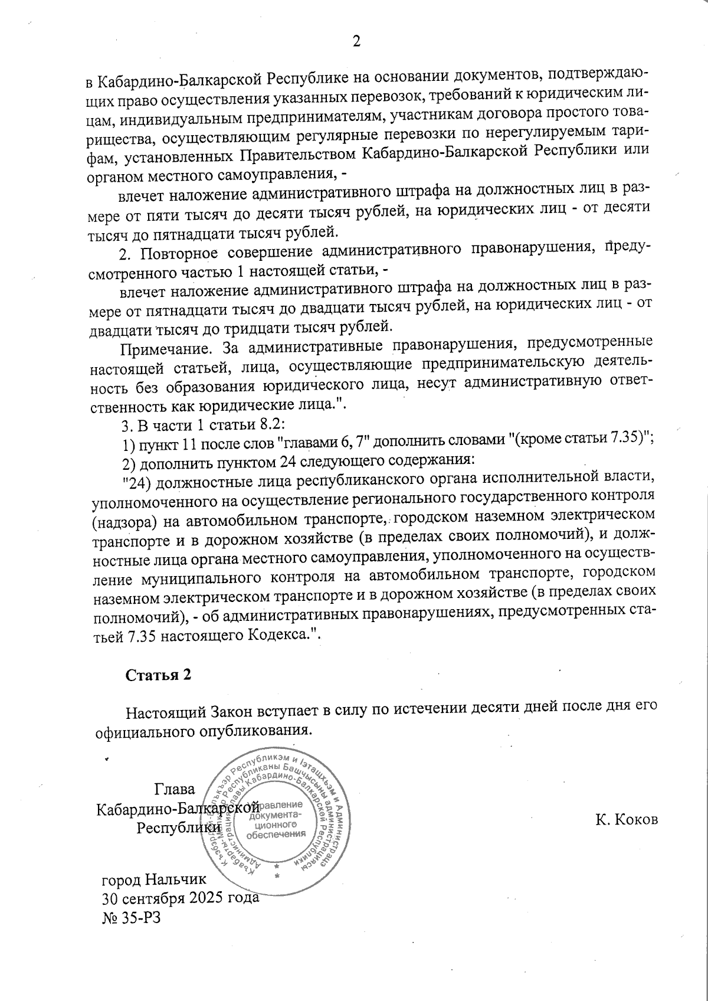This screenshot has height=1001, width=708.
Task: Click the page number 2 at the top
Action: coord(356,41)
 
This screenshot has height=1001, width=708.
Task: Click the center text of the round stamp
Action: coord(276,819)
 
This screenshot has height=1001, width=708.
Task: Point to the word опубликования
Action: coord(262,731)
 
